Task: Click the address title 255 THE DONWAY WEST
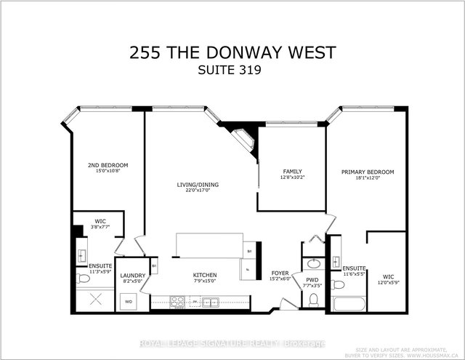point(232,52)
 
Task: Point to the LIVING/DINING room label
point(198,184)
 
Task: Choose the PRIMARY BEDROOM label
point(368,172)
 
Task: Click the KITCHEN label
point(205,275)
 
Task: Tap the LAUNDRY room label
point(133,275)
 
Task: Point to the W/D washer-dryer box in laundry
point(129,300)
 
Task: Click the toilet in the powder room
point(314,299)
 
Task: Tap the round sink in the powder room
point(313,263)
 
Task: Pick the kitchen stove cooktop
point(176,301)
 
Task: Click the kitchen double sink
point(209,301)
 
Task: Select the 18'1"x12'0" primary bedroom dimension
point(368,179)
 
